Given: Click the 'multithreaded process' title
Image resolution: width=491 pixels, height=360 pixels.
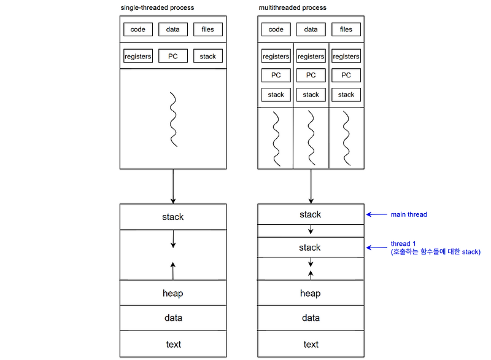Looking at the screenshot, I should pyautogui.click(x=293, y=7).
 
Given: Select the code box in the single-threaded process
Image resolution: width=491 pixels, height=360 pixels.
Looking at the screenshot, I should pyautogui.click(x=138, y=29).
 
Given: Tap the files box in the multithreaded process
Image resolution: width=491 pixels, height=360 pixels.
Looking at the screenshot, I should pyautogui.click(x=346, y=29).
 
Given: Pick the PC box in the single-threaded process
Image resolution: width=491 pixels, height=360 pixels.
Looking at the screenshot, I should pyautogui.click(x=173, y=56).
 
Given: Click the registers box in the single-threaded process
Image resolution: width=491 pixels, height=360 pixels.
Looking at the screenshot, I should pyautogui.click(x=138, y=56).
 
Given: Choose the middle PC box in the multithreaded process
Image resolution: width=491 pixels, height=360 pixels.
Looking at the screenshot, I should pyautogui.click(x=311, y=75).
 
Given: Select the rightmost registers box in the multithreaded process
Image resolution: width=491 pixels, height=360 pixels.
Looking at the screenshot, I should pyautogui.click(x=346, y=57).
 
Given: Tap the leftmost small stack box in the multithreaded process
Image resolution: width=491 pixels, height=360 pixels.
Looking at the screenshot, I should pyautogui.click(x=276, y=95).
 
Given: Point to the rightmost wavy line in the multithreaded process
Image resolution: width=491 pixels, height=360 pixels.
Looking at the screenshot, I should pyautogui.click(x=346, y=138).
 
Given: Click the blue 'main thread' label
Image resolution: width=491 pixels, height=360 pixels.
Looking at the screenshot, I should pyautogui.click(x=408, y=214).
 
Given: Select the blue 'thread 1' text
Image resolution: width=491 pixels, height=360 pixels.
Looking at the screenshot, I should pyautogui.click(x=403, y=244).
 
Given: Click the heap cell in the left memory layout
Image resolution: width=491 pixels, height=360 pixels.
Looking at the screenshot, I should pyautogui.click(x=173, y=293).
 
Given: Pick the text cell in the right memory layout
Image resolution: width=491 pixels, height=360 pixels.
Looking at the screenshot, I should pyautogui.click(x=311, y=344).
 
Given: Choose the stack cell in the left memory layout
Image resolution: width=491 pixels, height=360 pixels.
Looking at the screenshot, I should pyautogui.click(x=173, y=217).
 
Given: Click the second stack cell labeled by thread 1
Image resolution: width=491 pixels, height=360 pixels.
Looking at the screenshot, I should pyautogui.click(x=311, y=247).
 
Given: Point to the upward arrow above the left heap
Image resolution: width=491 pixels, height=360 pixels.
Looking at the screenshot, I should pyautogui.click(x=173, y=270).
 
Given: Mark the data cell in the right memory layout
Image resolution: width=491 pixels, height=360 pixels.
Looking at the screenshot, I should pyautogui.click(x=311, y=318).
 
